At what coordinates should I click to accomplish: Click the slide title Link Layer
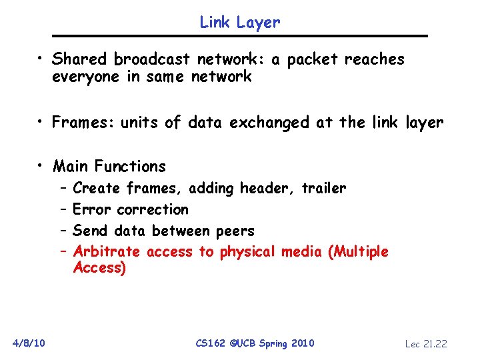pos(240,22)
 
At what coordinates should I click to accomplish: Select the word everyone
pos(85,77)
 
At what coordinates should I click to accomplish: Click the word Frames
pos(83,123)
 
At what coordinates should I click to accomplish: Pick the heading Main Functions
pos(109,166)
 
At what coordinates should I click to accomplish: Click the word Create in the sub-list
pos(97,189)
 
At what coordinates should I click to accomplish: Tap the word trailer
pos(324,189)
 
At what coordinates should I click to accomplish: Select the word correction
pos(153,209)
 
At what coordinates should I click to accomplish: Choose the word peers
pos(235,231)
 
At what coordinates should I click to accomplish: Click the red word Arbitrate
pos(107,252)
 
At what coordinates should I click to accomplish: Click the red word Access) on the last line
pos(99,268)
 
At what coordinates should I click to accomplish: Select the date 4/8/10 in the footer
pos(29,343)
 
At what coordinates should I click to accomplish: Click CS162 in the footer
pos(211,343)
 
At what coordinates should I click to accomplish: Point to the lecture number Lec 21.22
pos(426,344)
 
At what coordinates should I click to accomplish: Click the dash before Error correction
pos(63,209)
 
